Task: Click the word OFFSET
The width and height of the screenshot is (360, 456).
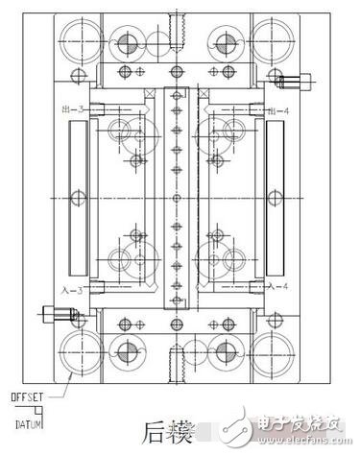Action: pos(29,396)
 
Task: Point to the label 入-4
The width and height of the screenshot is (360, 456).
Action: pos(279,287)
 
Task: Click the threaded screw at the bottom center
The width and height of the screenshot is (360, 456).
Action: pos(176,364)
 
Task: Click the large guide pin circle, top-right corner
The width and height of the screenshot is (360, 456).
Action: pos(276,40)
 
